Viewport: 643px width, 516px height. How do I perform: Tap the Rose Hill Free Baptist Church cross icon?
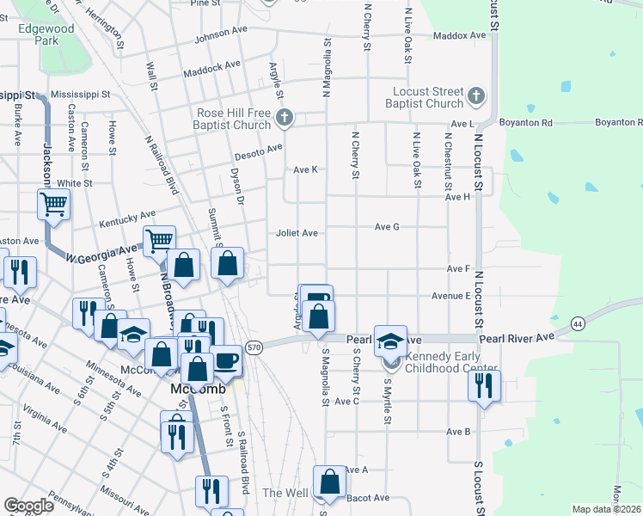pyautogui.click(x=286, y=118)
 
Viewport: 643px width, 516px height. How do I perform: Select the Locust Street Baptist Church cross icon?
pyautogui.click(x=478, y=96)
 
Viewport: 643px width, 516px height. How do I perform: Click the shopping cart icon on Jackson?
pyautogui.click(x=53, y=206)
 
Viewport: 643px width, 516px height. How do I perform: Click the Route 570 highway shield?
pyautogui.click(x=254, y=347)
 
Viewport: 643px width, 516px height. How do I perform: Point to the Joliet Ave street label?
pyautogui.click(x=297, y=233)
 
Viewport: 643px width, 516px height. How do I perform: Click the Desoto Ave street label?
pyautogui.click(x=258, y=149)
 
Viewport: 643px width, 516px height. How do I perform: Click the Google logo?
pyautogui.click(x=28, y=506)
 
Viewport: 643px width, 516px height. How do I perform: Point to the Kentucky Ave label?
pyautogui.click(x=127, y=218)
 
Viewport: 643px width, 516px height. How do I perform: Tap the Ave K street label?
pyautogui.click(x=306, y=169)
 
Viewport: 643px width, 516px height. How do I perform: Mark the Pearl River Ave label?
pyautogui.click(x=514, y=340)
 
